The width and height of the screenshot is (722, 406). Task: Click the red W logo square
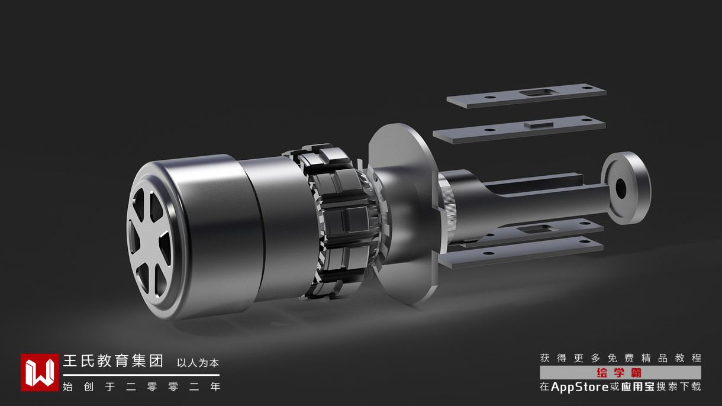click(x=40, y=372)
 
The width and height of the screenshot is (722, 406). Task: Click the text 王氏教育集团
click(x=113, y=361)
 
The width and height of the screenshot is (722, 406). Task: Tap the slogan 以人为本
click(x=198, y=363)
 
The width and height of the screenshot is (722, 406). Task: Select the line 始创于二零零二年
click(x=141, y=386)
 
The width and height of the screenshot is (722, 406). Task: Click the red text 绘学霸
click(x=619, y=373)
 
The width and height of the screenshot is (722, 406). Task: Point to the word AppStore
click(x=580, y=386)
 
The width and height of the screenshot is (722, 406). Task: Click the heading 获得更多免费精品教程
click(x=620, y=358)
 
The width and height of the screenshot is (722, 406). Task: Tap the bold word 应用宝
click(x=638, y=386)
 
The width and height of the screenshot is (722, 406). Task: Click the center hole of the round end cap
click(x=620, y=188)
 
